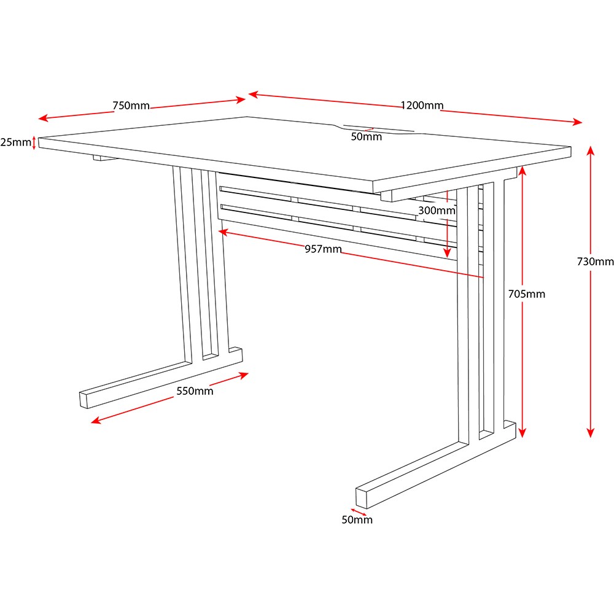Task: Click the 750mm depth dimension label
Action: tap(131, 106)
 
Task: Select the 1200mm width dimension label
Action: tap(422, 106)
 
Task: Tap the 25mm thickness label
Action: tap(15, 142)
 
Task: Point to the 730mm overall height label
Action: tap(595, 262)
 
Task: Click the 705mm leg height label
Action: tap(526, 294)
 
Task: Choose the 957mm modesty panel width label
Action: tap(323, 249)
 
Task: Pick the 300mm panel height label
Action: tap(437, 211)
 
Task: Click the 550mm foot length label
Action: tap(195, 391)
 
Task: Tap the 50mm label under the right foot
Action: tap(357, 520)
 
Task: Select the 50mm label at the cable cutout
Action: tap(366, 137)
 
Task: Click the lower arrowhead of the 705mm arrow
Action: tap(522, 435)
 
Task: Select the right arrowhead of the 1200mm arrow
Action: tap(578, 123)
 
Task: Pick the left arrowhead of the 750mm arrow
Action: tap(42, 118)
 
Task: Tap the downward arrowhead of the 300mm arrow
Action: tap(448, 254)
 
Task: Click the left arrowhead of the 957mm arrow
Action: tap(222, 232)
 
